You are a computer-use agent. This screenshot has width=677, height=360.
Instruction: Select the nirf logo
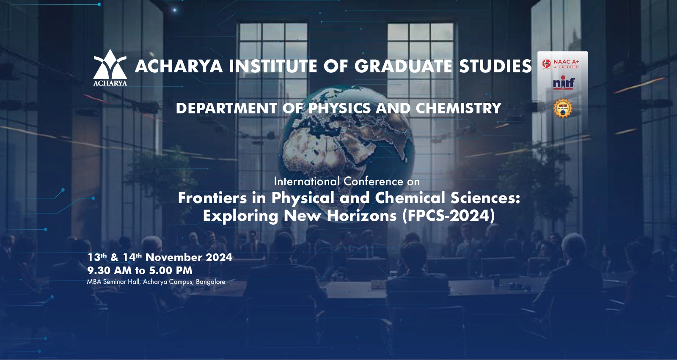564,84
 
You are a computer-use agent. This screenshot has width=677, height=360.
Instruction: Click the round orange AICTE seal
563,108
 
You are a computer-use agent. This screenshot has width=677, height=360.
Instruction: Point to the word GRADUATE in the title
403,66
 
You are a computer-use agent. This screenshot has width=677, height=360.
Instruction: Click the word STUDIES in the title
495,66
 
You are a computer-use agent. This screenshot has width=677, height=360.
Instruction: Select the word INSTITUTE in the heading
272,66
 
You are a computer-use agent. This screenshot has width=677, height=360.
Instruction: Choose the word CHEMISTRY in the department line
459,108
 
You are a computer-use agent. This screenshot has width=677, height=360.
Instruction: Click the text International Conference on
347,181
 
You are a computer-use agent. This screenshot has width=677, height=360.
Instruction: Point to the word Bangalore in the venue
211,282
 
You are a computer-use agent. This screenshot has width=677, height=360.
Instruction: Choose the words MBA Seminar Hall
113,282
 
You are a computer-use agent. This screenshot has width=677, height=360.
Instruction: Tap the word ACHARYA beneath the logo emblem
110,83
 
